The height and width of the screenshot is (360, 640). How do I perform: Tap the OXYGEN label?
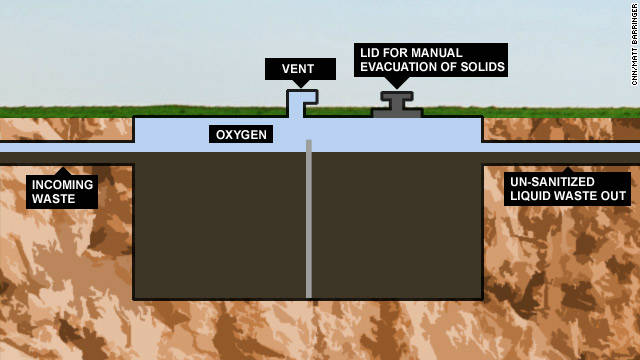pos(241,134)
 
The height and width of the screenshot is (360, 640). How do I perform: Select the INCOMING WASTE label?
pos(62,192)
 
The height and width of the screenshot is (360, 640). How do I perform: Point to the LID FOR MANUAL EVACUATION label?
pos(432,60)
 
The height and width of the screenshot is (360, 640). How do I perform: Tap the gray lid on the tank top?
pos(397,105)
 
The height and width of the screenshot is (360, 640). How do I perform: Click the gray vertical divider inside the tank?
pos(309,220)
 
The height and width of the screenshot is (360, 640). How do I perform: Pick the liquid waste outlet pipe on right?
pos(560,158)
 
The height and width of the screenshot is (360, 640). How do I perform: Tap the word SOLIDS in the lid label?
pos(478,67)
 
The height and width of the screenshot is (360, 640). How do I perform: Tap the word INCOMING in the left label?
pos(62,185)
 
